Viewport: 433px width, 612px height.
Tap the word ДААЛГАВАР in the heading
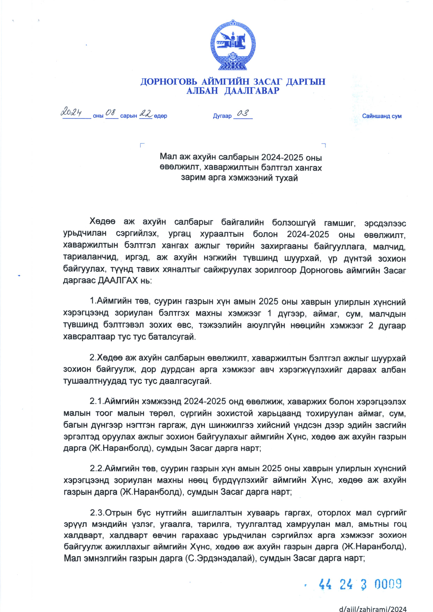coord(252,91)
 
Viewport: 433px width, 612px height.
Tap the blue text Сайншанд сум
coord(381,116)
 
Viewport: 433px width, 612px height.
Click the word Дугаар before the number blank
coord(222,116)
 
